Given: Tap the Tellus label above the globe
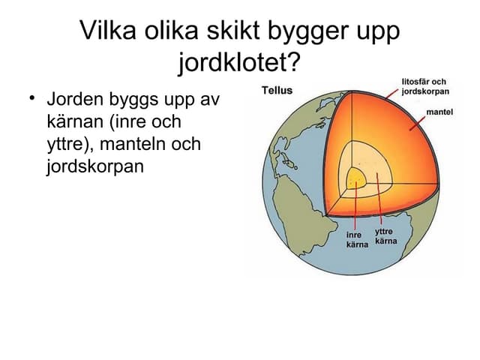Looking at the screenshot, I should [x=277, y=91].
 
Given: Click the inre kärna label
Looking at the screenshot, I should [x=356, y=241].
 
